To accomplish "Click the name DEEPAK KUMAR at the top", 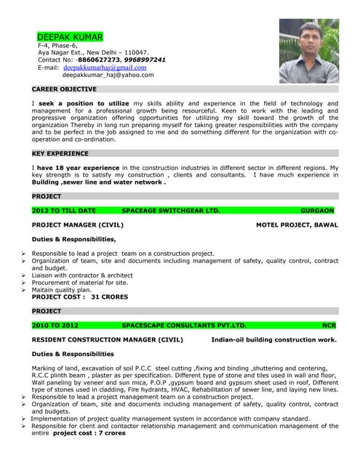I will coord(70,36).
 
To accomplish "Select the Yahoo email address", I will coord(108,75).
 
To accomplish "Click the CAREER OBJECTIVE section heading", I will coord(64,89).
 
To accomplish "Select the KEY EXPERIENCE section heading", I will coord(61,154).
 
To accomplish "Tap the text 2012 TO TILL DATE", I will coord(64,211).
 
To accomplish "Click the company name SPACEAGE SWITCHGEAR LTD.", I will coord(171,211).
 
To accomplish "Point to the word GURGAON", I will coord(317,211).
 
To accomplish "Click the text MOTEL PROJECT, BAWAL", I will coord(297,225).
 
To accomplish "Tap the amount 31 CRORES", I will coord(110,296).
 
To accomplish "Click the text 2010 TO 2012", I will coord(55,325).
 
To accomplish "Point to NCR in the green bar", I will coord(329,325).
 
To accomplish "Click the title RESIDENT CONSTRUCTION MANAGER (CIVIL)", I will coord(108,339).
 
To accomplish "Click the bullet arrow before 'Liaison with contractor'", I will coord(24,275).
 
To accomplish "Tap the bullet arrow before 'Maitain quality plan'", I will coord(24,290).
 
